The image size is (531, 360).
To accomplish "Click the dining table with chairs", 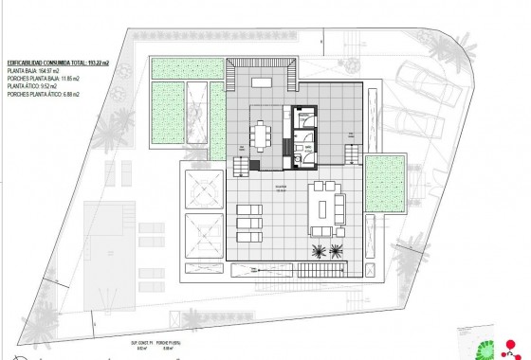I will tap(260, 136).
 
